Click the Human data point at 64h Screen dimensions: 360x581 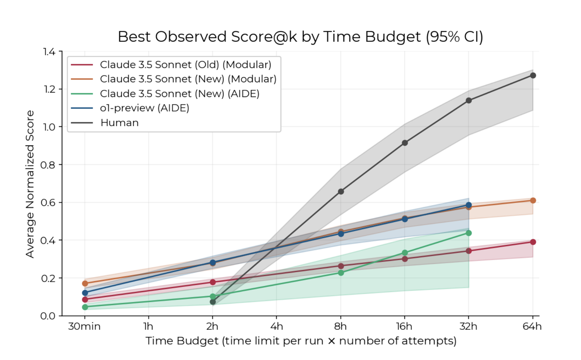(533, 75)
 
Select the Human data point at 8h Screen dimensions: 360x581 (341, 192)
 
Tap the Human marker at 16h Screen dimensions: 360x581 (405, 143)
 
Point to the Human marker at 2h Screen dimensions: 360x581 (213, 302)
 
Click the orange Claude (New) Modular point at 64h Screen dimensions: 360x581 (533, 201)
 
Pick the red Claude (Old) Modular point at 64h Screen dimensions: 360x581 (533, 242)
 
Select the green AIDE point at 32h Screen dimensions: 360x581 (469, 233)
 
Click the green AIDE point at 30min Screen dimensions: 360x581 (85, 307)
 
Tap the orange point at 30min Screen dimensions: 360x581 (85, 283)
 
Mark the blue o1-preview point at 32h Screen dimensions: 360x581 (469, 205)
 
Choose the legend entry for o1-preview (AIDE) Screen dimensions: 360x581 (144, 108)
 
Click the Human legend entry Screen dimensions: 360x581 (119, 123)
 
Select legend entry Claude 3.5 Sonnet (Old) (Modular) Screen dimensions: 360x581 (185, 65)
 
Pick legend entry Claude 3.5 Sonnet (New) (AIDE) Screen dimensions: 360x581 (179, 94)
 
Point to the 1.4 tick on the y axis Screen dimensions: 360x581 (49, 51)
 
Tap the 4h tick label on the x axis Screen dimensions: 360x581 (277, 326)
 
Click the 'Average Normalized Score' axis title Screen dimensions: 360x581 (30, 184)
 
